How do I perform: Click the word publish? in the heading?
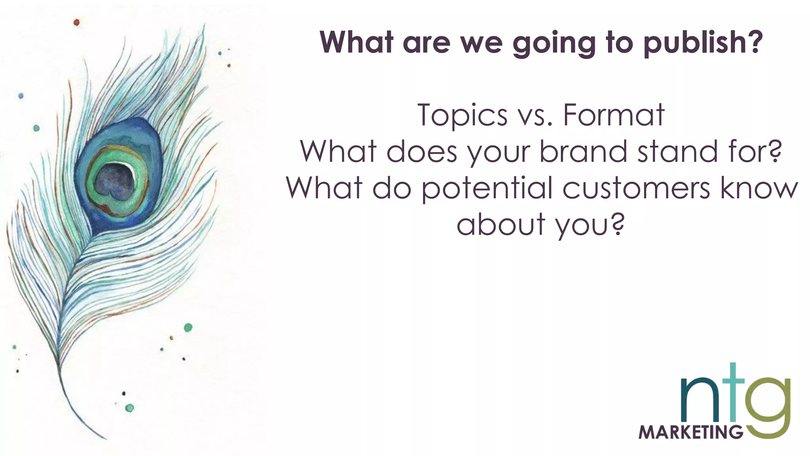point(702,42)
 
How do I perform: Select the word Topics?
point(462,115)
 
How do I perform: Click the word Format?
point(613,115)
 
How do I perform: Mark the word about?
point(501,224)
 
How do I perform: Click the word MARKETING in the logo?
point(691,432)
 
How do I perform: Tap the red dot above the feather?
point(77,22)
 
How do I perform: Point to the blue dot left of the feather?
point(21,96)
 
